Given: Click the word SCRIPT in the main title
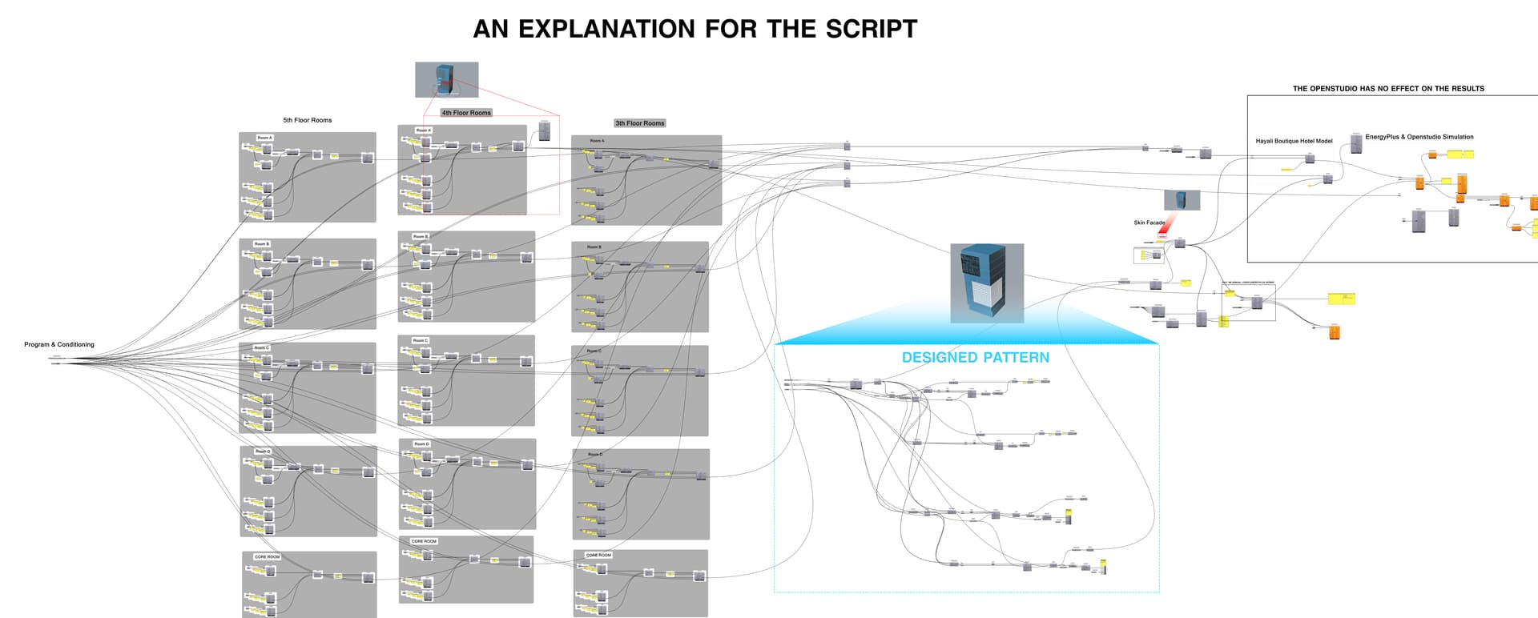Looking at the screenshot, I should tap(871, 29).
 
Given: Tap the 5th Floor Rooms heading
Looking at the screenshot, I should tap(307, 120).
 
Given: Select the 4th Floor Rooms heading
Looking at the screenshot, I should tap(466, 113).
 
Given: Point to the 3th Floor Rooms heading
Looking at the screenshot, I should tap(639, 123).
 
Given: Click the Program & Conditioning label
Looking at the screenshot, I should tap(58, 344).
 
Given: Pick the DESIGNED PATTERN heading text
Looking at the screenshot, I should tap(975, 358).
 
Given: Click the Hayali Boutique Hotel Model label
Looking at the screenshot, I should tap(1294, 141).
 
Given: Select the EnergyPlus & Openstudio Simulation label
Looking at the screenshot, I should tap(1419, 137).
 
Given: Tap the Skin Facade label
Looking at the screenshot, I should tap(1149, 223).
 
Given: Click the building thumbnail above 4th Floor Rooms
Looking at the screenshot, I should tap(446, 79).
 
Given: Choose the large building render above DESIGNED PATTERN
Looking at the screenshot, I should tap(987, 283).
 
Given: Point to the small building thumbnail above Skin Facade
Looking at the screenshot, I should tap(1182, 199).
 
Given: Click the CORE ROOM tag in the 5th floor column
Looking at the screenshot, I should tap(267, 557).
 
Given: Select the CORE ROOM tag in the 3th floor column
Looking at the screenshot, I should tap(598, 555).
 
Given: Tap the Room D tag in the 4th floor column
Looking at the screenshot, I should tap(421, 443).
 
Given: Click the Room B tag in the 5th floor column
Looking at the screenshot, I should tap(261, 244).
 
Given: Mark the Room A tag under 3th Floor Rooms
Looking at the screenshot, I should tap(597, 141).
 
